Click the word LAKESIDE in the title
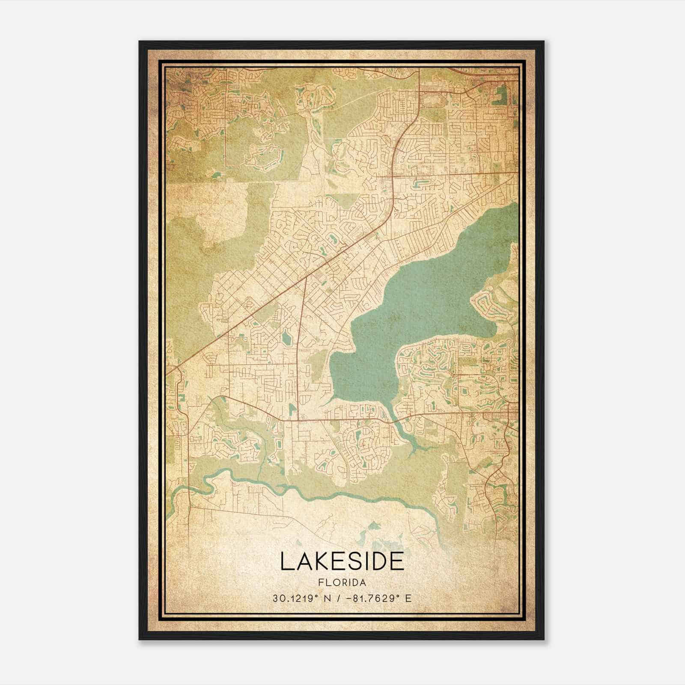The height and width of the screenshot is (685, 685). tap(342, 561)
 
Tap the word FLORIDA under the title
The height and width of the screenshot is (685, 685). tap(342, 583)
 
